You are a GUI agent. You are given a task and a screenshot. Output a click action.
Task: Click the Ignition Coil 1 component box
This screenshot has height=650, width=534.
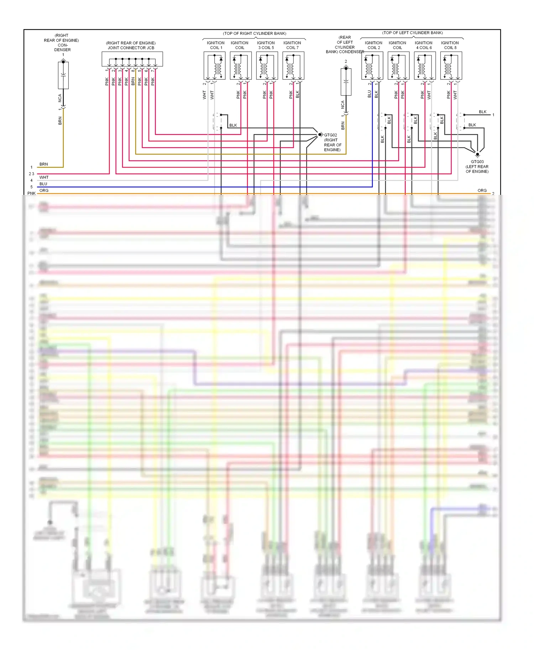214,66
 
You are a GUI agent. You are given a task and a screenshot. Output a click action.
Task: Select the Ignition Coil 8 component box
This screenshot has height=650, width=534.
451,66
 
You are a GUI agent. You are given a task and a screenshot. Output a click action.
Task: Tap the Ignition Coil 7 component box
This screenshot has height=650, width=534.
293,66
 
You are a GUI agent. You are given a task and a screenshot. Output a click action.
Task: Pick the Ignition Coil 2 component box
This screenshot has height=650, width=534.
372,66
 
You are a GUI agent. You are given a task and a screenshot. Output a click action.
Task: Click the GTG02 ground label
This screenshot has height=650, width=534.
330,135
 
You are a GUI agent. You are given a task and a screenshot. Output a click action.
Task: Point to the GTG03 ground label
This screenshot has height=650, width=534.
477,162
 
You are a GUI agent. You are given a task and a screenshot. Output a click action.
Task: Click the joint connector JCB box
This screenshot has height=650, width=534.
132,59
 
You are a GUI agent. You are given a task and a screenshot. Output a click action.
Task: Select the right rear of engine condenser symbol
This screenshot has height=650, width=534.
63,75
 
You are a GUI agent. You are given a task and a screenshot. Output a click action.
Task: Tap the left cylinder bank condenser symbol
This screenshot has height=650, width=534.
346,82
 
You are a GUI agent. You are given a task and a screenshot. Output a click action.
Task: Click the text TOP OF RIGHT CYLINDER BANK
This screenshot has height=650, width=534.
255,33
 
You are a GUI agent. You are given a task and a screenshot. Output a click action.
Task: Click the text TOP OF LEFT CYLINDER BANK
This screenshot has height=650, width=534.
413,33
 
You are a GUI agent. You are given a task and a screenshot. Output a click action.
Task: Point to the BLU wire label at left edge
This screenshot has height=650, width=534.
43,184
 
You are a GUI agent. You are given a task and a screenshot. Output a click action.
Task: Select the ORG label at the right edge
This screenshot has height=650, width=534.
482,191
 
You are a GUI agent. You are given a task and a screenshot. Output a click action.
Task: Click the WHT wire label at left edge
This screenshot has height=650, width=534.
44,177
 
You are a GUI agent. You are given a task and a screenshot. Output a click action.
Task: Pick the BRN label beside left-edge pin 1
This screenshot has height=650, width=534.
43,164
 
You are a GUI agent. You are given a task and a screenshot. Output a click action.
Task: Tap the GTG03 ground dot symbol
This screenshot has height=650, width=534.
477,154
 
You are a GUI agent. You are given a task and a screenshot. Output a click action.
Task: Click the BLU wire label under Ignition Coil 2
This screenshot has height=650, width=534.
369,94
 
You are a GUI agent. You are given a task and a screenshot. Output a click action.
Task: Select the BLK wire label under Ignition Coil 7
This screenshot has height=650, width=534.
297,94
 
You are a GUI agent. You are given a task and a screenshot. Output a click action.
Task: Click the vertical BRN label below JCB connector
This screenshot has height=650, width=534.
133,81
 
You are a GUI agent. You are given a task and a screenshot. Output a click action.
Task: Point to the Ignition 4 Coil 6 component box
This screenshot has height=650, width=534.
425,66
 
